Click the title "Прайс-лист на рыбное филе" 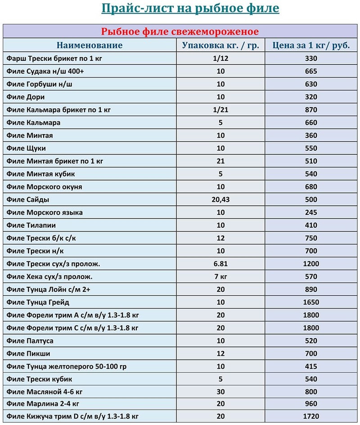[189, 9]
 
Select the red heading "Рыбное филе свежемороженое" [180, 32]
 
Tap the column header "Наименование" [90, 45]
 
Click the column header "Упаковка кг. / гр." [221, 45]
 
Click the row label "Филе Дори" [26, 97]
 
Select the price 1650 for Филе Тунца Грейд [311, 302]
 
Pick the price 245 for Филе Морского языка [311, 212]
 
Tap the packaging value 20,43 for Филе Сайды [220, 199]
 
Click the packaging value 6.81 [220, 264]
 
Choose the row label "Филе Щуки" [27, 148]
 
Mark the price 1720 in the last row [311, 416]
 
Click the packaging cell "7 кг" [220, 276]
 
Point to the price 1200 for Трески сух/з [311, 264]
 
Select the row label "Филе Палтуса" [30, 341]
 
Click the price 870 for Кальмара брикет [311, 110]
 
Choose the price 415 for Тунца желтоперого [311, 366]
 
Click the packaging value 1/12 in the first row [220, 59]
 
